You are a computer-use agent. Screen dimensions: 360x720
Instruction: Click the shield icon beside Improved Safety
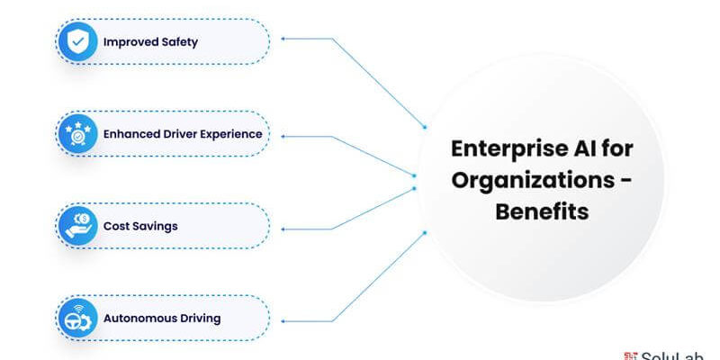78,41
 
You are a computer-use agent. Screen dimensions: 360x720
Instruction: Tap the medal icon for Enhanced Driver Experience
78,133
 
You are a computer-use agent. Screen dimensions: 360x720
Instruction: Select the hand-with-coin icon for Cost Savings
78,226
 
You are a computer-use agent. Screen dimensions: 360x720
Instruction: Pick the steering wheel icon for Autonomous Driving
78,318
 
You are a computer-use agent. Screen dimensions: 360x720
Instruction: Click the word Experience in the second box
230,134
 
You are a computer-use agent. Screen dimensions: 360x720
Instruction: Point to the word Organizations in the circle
527,180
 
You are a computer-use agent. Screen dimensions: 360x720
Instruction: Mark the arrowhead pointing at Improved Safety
284,39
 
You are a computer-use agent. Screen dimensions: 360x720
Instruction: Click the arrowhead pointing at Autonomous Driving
284,319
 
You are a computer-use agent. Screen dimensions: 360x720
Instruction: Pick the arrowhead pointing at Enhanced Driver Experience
284,135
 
